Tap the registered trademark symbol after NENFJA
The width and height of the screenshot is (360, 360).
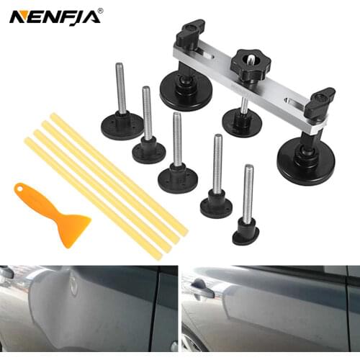point(99,10)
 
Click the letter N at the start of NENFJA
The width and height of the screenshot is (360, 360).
point(17,16)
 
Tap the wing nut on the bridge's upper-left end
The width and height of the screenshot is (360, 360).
point(191,30)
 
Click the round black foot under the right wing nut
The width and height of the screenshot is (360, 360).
point(306,161)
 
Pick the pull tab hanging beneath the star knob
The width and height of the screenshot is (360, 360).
point(242,120)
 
